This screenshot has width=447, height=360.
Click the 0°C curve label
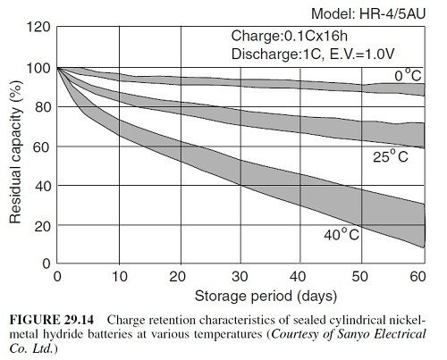pos(408,75)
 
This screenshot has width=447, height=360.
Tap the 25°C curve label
pos(391,156)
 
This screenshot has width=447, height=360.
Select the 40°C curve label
pos(342,234)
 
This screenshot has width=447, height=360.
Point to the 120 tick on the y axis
pos(38,27)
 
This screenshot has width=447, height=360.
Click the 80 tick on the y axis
pos(43,107)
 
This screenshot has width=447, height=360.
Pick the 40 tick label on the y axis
pos(43,186)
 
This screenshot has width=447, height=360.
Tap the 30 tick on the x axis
pos(240,277)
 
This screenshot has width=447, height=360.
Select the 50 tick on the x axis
pos(359,277)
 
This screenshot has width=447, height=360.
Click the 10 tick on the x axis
pos(120,277)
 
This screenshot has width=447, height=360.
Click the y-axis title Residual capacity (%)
pos(15,152)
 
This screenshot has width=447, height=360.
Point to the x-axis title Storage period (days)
pos(266,297)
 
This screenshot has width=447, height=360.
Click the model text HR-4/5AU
pos(392,14)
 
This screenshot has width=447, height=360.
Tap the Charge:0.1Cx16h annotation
pos(290,36)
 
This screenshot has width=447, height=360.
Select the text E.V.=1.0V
pos(362,54)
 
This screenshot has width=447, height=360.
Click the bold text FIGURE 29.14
pos(52,321)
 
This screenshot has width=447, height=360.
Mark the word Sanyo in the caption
pos(353,335)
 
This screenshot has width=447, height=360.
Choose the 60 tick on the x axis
pos(417,277)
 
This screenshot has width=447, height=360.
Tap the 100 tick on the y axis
pos(38,68)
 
